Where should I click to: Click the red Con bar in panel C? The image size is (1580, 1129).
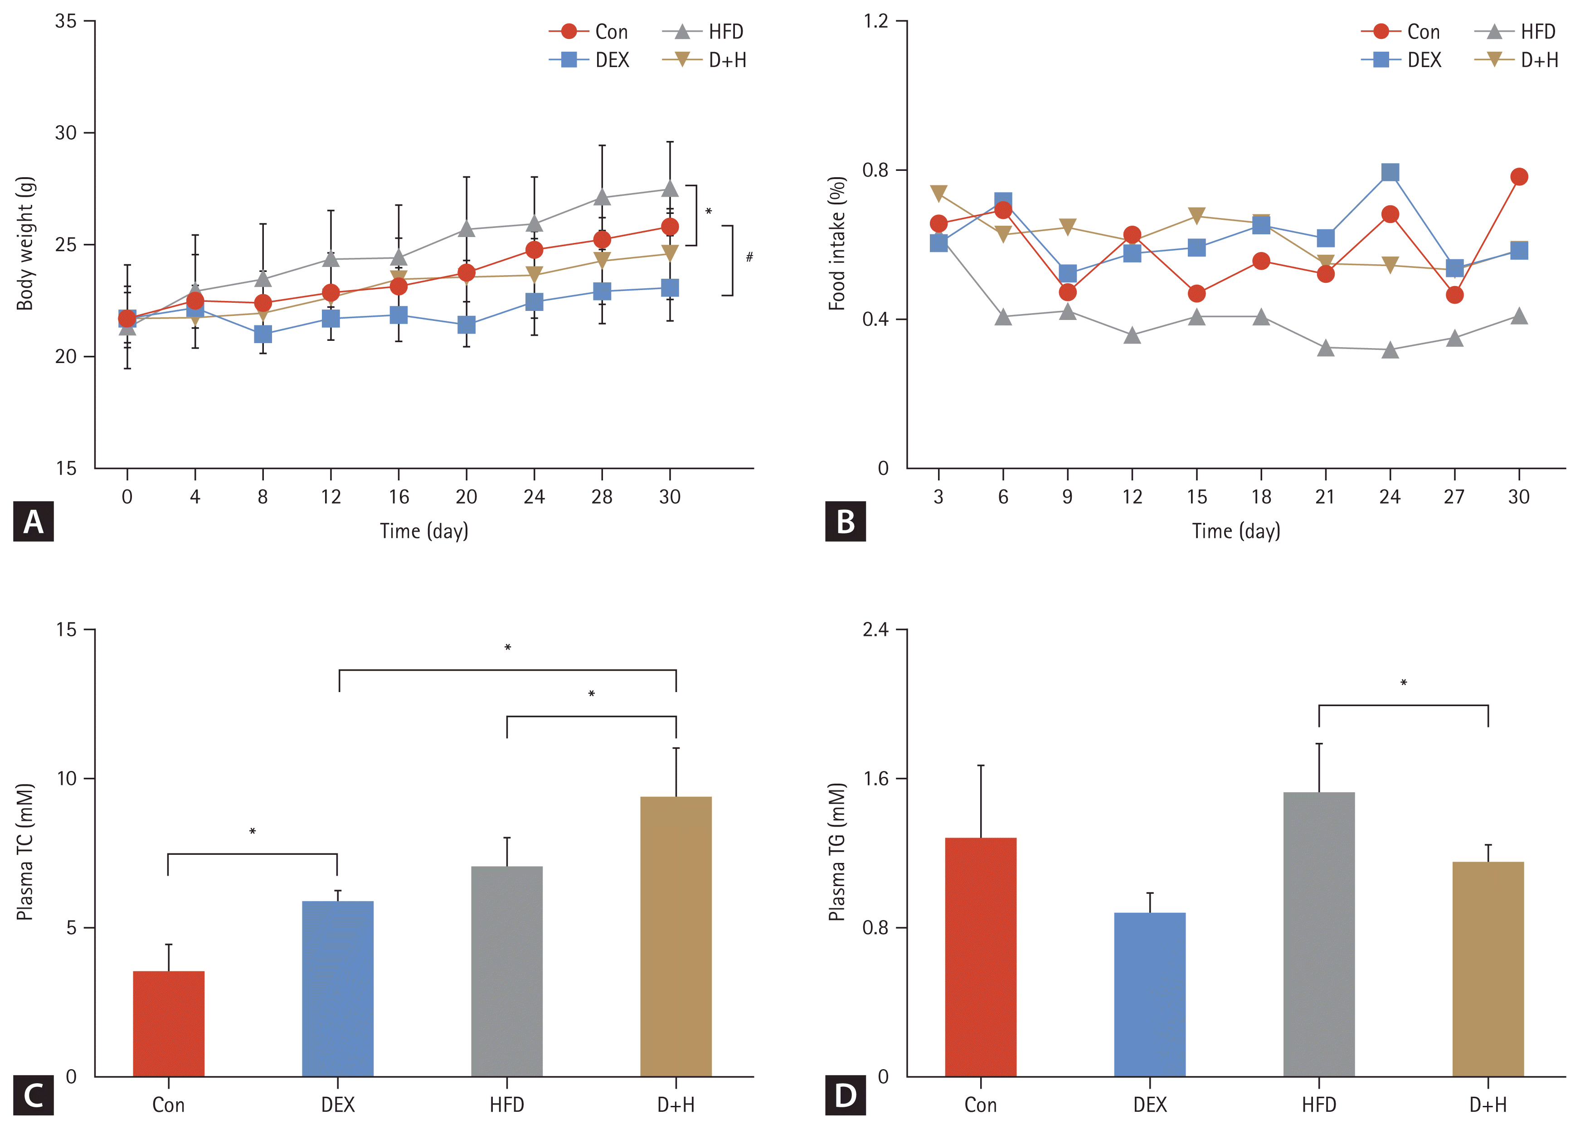coord(168,1023)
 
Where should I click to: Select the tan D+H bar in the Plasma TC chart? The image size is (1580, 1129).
coord(675,936)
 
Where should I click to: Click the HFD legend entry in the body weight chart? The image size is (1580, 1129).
coord(704,32)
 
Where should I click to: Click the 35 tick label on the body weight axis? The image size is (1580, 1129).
coord(66,22)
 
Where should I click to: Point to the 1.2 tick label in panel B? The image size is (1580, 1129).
coord(876,22)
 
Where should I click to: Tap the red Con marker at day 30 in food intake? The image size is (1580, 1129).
coord(1519,177)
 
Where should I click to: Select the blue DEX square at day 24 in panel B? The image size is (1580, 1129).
coord(1390,172)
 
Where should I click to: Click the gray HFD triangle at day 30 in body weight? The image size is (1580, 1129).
coord(670,189)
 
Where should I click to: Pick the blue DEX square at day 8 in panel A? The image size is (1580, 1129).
coord(263,334)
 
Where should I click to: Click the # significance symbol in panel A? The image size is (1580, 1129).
coord(749,257)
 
